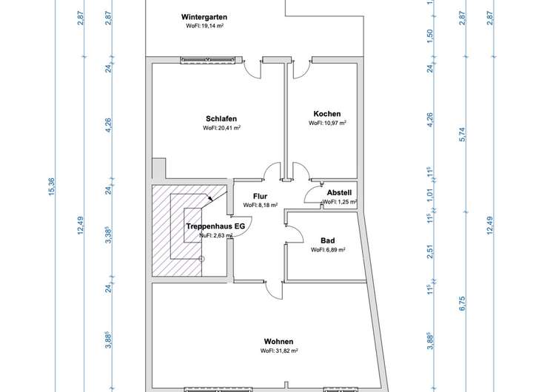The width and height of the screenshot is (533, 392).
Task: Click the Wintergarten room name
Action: (204, 17)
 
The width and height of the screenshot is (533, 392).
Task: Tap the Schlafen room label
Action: (221, 118)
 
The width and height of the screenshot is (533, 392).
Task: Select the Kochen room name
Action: (327, 114)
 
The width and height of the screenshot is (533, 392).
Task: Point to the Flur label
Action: (260, 196)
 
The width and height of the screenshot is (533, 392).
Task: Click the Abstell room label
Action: (339, 192)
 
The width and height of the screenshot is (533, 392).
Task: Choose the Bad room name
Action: (328, 240)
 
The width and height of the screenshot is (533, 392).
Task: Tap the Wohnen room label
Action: (279, 342)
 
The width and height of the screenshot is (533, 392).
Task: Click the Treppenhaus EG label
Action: (215, 226)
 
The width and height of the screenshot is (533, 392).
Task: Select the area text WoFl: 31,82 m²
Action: (279, 351)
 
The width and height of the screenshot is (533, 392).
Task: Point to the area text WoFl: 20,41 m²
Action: (221, 128)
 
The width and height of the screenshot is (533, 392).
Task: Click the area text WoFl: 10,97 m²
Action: (327, 123)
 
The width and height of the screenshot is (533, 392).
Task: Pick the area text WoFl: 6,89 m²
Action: (328, 250)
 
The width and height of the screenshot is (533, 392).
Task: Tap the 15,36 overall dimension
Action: (52, 186)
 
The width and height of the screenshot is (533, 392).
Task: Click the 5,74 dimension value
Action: (463, 135)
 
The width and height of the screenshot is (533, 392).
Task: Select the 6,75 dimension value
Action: (462, 303)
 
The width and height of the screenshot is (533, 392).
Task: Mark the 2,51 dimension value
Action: (430, 251)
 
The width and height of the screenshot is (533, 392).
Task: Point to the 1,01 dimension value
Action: (430, 195)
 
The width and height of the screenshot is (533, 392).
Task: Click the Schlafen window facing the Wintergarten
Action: (208, 60)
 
